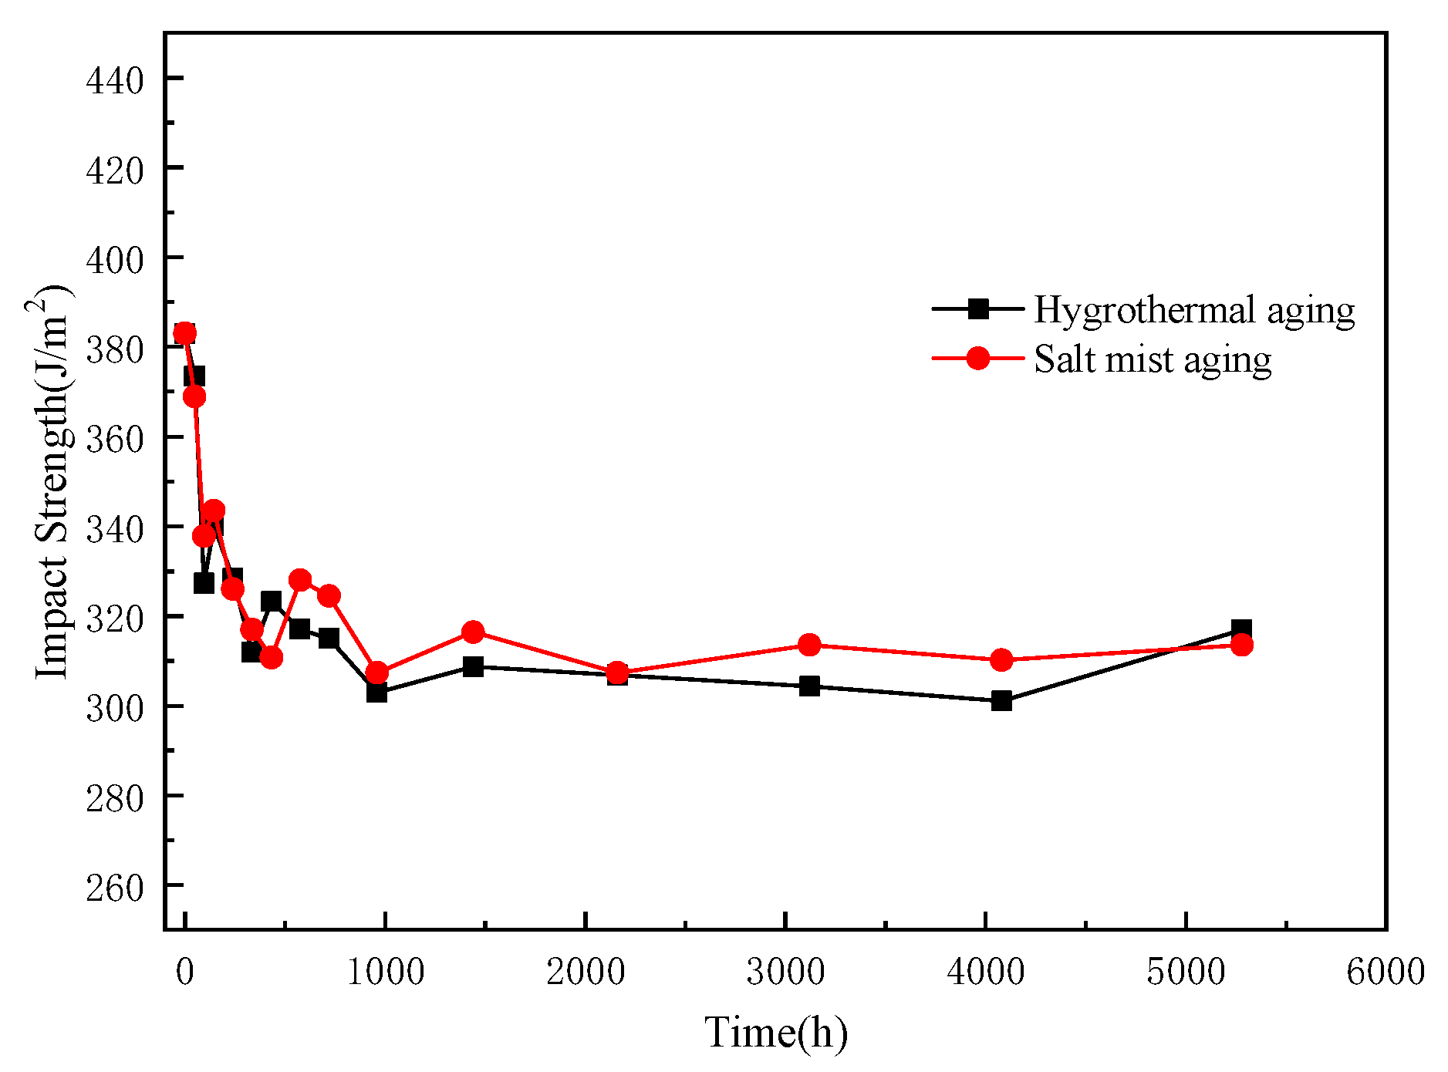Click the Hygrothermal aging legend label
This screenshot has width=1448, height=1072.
(x=1193, y=310)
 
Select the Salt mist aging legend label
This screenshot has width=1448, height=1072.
(x=1153, y=360)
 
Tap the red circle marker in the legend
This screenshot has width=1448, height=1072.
(x=978, y=359)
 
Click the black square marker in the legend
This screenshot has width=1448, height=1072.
(x=978, y=309)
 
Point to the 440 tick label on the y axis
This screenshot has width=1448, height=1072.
(x=115, y=80)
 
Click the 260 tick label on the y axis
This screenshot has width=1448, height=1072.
(x=115, y=887)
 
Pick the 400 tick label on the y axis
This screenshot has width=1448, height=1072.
(x=115, y=260)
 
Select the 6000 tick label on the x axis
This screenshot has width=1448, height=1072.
(x=1385, y=972)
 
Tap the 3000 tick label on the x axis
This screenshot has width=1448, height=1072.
(x=785, y=972)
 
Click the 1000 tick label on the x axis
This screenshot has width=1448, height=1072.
(x=385, y=972)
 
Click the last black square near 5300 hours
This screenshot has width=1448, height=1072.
(x=1241, y=629)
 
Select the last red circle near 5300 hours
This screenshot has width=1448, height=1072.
(x=1241, y=645)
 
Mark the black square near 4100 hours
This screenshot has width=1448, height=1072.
(x=1001, y=701)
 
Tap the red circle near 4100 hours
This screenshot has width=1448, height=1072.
(x=1001, y=660)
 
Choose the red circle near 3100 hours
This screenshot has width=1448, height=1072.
(x=809, y=645)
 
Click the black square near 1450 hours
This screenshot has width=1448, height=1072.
(x=473, y=666)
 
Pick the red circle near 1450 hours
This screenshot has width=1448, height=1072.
(x=473, y=632)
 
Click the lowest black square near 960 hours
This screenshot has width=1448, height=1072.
(x=376, y=693)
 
